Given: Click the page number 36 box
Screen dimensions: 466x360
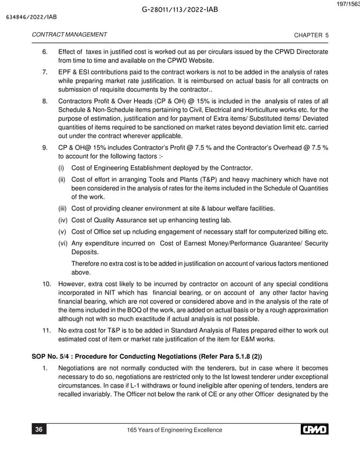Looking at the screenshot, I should click(x=38, y=430).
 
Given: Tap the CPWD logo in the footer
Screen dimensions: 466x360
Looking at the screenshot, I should click(x=314, y=430).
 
